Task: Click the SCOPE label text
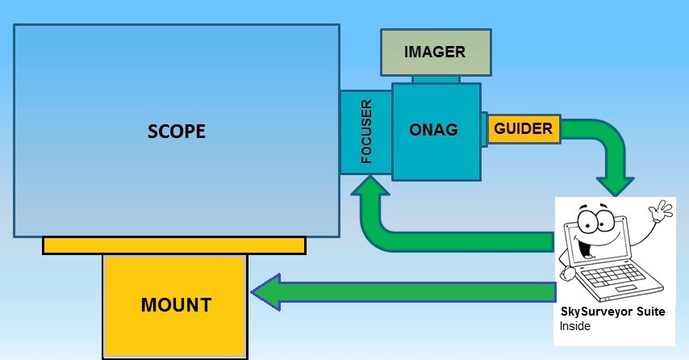177,131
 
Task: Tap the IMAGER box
435,52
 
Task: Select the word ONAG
435,129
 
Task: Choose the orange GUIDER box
523,128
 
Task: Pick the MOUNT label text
176,305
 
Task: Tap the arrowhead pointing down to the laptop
617,182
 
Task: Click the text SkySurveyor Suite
612,312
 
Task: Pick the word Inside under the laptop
574,326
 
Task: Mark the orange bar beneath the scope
174,245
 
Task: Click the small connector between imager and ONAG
436,79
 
